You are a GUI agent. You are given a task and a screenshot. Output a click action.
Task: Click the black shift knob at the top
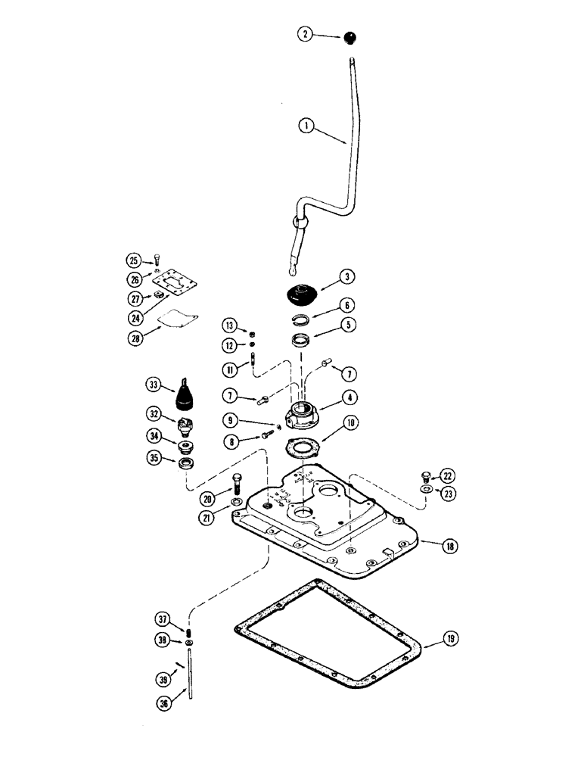pyautogui.click(x=350, y=38)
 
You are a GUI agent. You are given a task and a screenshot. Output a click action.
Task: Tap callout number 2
pyautogui.click(x=303, y=34)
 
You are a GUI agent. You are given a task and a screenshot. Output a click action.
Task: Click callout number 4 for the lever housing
pyautogui.click(x=353, y=396)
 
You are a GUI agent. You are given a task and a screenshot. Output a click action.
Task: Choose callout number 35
pyautogui.click(x=155, y=458)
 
